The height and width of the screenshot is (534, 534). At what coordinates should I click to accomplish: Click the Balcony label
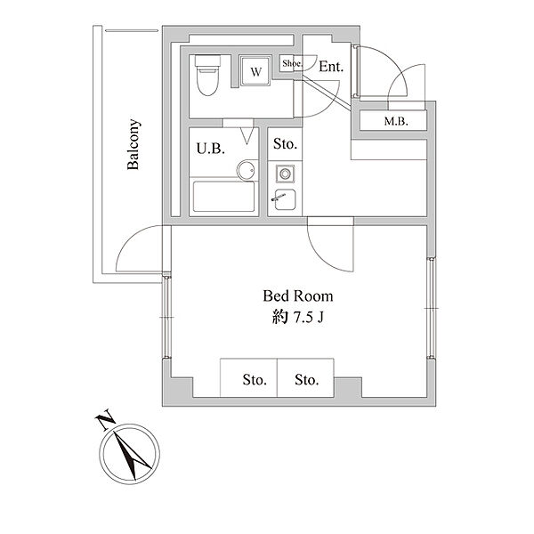tap(133, 144)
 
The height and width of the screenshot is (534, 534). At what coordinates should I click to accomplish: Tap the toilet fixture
tap(207, 76)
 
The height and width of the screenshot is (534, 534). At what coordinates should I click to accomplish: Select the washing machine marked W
tap(255, 71)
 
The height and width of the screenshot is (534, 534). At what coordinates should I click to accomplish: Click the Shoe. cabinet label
tap(292, 63)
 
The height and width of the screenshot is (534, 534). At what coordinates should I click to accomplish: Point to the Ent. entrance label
tap(331, 67)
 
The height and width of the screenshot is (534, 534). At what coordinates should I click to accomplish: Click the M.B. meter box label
tap(396, 121)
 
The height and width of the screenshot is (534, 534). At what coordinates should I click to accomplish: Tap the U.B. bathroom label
tap(210, 149)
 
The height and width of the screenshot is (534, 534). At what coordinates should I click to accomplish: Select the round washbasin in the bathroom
tap(246, 170)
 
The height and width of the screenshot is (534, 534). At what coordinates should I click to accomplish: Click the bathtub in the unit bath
tap(223, 197)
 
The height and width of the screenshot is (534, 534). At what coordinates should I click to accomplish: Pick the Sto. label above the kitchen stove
tap(285, 144)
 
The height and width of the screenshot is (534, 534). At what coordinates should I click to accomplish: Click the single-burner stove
tap(285, 174)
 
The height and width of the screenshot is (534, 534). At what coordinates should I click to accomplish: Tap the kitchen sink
tap(285, 199)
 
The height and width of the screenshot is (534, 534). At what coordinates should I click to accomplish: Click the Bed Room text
tap(298, 296)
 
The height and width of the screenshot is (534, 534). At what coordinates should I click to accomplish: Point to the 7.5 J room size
tap(309, 318)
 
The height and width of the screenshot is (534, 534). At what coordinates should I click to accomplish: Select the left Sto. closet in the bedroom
tap(248, 377)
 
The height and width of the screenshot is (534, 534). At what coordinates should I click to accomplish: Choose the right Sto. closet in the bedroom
tap(305, 377)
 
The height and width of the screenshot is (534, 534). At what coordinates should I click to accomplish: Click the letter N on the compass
tap(105, 419)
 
